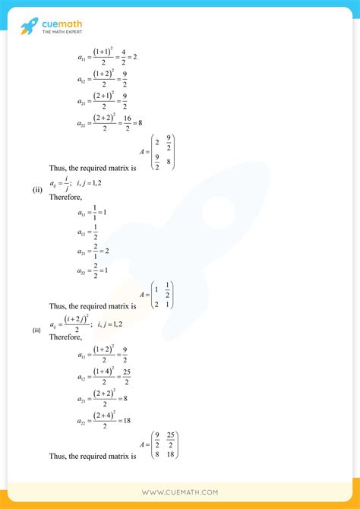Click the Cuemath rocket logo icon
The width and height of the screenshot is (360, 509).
coord(30,28)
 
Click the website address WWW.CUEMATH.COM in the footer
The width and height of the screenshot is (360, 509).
coord(180,492)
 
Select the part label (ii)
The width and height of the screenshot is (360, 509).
coord(36,190)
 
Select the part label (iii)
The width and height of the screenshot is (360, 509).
coord(36,330)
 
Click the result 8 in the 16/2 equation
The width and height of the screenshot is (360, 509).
coord(142,122)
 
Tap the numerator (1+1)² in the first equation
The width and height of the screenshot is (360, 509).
coord(104,52)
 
